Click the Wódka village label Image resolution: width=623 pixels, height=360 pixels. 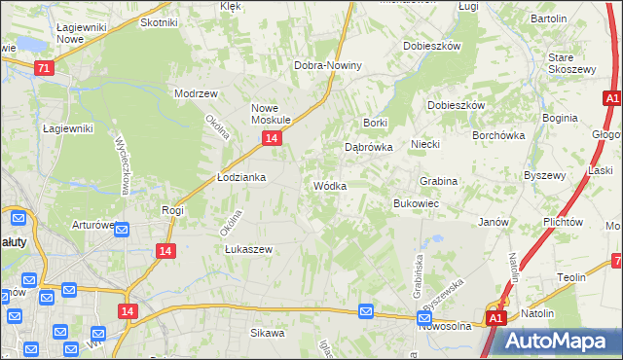(329, 186)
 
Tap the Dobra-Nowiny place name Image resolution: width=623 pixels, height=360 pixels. (328, 66)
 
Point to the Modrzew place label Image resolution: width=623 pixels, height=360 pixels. (194, 93)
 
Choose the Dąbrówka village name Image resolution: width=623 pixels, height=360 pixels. (369, 148)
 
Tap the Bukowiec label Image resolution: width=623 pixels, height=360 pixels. (416, 204)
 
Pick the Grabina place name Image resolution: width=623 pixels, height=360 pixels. (438, 182)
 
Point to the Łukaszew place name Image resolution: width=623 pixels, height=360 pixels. (248, 249)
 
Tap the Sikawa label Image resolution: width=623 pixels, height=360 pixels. (267, 334)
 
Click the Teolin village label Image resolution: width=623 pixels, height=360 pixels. (570, 277)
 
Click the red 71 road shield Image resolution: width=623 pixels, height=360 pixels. (43, 68)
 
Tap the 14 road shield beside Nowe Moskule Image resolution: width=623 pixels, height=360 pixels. (273, 139)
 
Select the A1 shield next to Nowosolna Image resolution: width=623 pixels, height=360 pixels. (495, 318)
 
